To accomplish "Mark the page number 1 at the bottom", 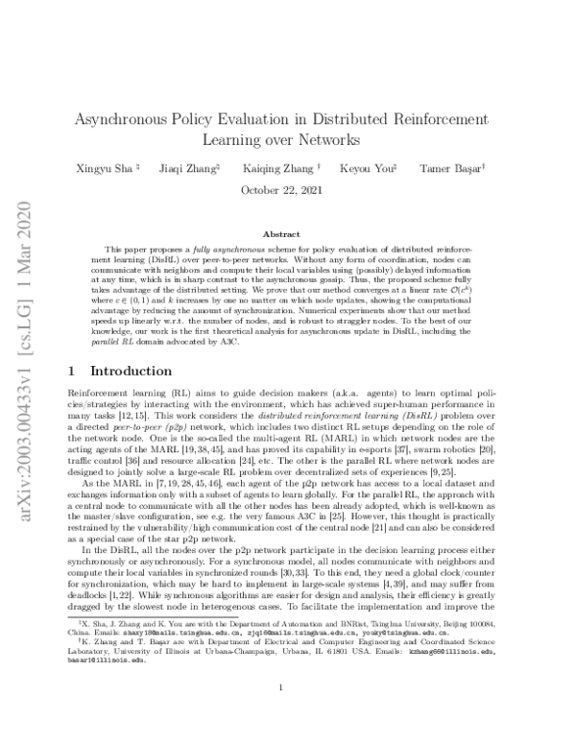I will [278, 713].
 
